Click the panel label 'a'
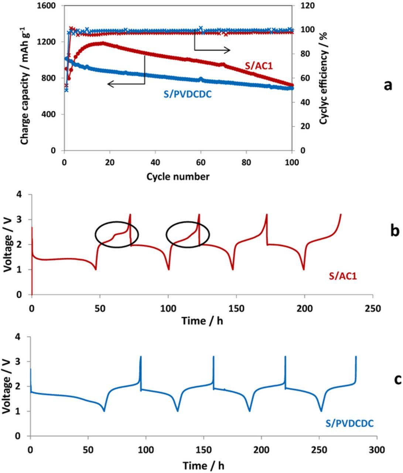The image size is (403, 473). pyautogui.click(x=387, y=85)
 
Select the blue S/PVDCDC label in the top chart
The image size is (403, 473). pyautogui.click(x=188, y=95)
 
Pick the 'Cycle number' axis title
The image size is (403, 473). pyautogui.click(x=178, y=177)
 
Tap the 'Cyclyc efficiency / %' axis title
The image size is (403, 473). pyautogui.click(x=324, y=78)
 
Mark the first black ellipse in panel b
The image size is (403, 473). pyautogui.click(x=117, y=234)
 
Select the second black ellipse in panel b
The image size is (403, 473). pyautogui.click(x=188, y=234)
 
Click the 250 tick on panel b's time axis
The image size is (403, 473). pyautogui.click(x=372, y=307)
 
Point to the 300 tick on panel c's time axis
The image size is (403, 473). pyautogui.click(x=377, y=450)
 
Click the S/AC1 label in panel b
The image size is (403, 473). pyautogui.click(x=343, y=276)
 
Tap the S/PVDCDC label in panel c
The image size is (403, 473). pyautogui.click(x=349, y=423)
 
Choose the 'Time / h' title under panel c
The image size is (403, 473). pyautogui.click(x=203, y=466)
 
